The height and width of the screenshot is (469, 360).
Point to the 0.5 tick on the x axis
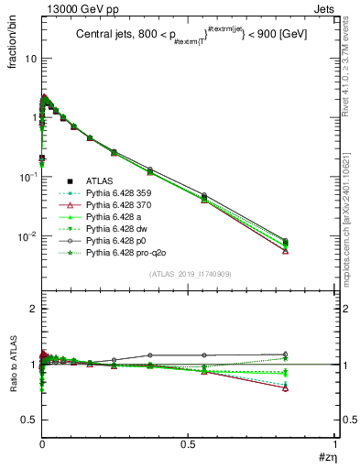[x=188, y=444]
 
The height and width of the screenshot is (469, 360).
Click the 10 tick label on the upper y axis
[x=30, y=58]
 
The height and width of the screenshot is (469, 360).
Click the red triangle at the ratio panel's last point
[x=286, y=388]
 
